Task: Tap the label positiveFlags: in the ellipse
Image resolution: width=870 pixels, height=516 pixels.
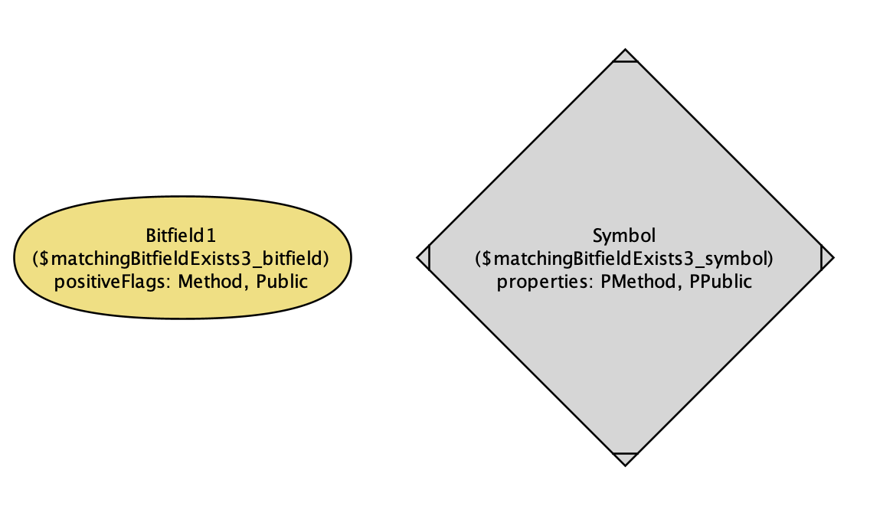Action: coord(113,281)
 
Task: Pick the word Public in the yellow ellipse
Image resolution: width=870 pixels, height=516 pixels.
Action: coord(282,281)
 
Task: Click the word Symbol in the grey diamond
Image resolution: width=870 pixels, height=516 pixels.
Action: coord(625,234)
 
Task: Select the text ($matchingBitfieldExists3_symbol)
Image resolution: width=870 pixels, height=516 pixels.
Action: coord(625,258)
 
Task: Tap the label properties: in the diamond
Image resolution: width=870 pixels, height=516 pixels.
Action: coord(545,282)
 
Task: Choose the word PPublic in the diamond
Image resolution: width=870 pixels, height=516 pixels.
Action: coord(721,282)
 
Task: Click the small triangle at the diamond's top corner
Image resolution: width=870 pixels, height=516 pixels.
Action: coord(625,56)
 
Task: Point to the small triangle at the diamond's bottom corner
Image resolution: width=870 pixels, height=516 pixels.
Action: coord(625,458)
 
